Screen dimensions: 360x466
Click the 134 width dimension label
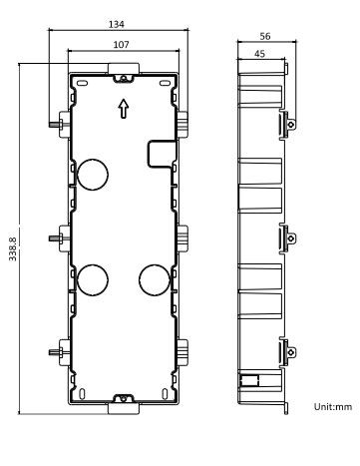click(117, 24)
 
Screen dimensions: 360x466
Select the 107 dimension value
click(121, 44)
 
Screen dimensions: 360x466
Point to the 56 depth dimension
click(265, 36)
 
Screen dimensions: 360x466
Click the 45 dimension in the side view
click(259, 53)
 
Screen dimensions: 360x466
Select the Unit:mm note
click(333, 406)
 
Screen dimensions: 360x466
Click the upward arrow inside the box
click(124, 109)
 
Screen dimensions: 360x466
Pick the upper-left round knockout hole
click(93, 175)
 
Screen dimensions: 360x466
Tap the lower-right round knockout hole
click(155, 280)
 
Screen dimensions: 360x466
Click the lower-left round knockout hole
click(93, 280)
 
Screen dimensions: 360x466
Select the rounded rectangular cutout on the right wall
click(162, 154)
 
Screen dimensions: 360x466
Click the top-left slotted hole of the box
click(82, 83)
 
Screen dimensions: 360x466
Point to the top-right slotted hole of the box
click(165, 83)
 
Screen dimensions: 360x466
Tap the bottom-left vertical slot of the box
click(82, 394)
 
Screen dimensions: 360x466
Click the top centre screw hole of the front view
click(124, 79)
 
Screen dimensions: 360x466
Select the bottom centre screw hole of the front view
click(124, 398)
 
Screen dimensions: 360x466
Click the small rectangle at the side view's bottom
click(249, 380)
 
